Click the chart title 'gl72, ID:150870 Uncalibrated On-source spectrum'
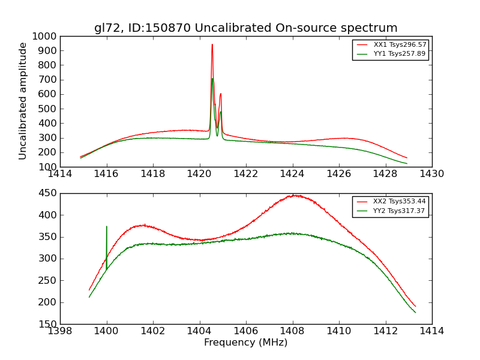pos(245,28)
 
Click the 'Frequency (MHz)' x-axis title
pos(245,343)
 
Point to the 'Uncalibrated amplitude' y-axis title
pos(23,101)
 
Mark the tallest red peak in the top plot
pos(212,44)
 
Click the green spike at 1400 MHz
pos(107,227)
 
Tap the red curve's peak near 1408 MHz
pos(293,195)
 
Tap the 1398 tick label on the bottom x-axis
pos(60,331)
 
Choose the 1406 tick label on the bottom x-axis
pos(246,331)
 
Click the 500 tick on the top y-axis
pos(47,109)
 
